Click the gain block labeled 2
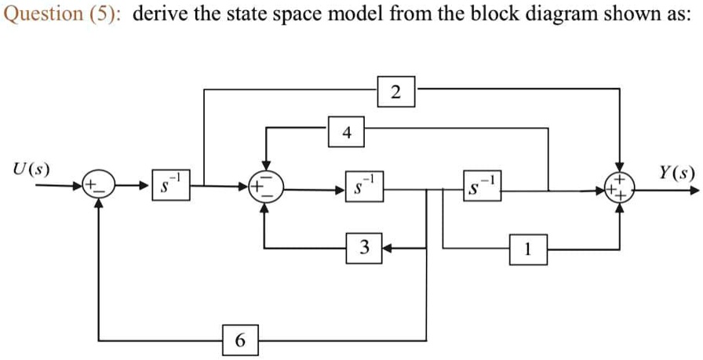click(x=396, y=92)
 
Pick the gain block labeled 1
click(x=529, y=251)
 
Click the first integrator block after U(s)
click(x=170, y=187)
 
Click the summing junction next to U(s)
click(x=99, y=186)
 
